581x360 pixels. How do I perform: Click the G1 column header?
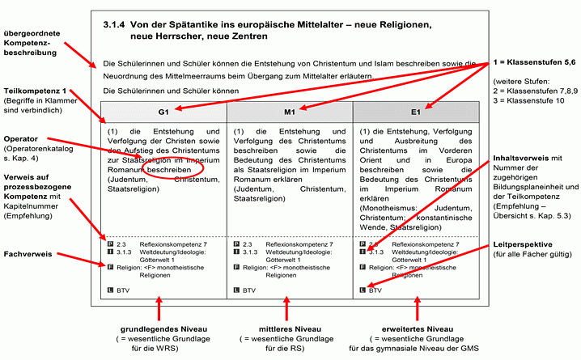pos(163,111)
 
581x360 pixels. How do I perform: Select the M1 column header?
pos(289,111)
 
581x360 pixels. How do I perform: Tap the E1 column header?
pos(415,111)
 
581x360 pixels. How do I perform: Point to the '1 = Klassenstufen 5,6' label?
pos(533,63)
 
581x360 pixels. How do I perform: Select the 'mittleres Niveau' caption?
pos(287,329)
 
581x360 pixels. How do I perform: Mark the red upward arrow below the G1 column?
pos(161,310)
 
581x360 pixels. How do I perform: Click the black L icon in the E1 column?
pos(362,289)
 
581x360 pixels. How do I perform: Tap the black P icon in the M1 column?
pos(236,243)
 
